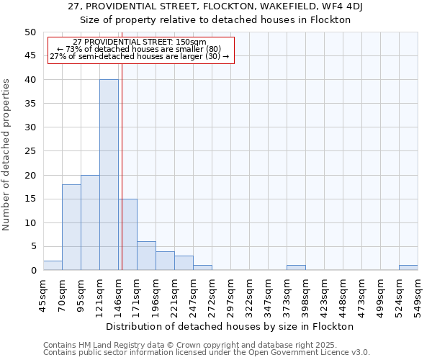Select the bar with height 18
71,228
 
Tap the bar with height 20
90,222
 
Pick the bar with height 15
128,235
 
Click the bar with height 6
146,256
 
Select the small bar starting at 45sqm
53,266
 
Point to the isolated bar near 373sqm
296,268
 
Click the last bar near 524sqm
408,268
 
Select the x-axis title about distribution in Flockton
234,326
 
